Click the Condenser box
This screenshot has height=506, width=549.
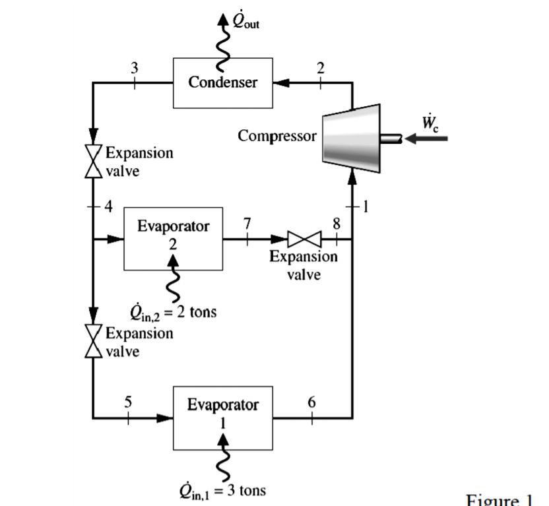(222, 82)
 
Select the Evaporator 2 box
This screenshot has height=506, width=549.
(173, 238)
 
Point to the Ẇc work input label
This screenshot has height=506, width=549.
(428, 123)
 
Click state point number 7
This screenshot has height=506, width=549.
(247, 223)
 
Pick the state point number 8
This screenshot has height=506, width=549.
(336, 223)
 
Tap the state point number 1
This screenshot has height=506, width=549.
(365, 206)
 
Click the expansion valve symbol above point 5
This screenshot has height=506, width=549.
(93, 341)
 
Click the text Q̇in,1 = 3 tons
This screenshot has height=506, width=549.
(222, 490)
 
